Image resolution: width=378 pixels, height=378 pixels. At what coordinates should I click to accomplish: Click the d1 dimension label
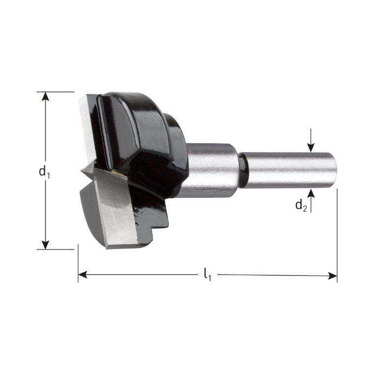click(x=45, y=172)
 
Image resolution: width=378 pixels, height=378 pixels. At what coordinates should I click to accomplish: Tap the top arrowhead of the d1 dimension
click(x=46, y=96)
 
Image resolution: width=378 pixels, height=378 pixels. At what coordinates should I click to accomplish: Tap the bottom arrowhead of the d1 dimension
click(x=46, y=245)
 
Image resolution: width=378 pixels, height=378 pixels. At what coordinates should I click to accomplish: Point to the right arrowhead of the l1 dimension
click(x=333, y=276)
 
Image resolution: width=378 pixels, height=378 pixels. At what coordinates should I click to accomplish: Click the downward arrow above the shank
click(x=311, y=147)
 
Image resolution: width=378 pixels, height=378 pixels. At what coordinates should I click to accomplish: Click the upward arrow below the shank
click(x=311, y=192)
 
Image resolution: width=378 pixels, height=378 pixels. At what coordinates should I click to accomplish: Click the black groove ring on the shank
click(x=242, y=169)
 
